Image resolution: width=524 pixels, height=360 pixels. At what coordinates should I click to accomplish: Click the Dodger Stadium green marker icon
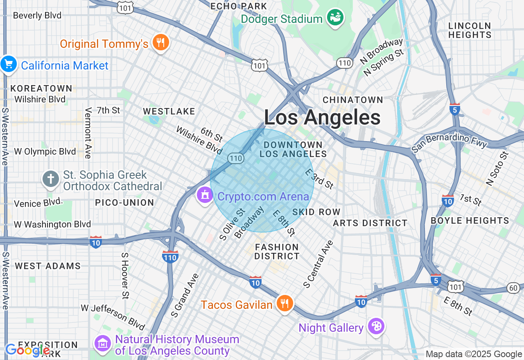pyautogui.click(x=335, y=18)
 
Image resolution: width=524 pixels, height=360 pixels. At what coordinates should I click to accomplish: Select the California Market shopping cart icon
pyautogui.click(x=9, y=65)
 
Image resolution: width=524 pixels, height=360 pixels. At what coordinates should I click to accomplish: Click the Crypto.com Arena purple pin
pyautogui.click(x=205, y=196)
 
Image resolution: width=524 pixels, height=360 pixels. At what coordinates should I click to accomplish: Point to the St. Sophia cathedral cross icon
pyautogui.click(x=51, y=179)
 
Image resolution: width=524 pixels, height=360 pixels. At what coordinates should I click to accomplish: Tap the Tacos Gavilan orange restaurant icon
pyautogui.click(x=284, y=304)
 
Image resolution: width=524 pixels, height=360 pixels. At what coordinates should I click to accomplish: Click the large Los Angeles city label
pyautogui.click(x=322, y=118)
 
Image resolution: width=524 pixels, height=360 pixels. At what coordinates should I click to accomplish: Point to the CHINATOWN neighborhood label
pyautogui.click(x=353, y=100)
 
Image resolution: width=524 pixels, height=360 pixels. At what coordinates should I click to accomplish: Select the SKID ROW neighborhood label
pyautogui.click(x=316, y=212)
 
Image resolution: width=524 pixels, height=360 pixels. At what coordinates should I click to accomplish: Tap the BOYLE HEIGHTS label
pyautogui.click(x=470, y=220)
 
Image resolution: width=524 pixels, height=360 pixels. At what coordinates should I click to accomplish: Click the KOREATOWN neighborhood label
pyautogui.click(x=41, y=88)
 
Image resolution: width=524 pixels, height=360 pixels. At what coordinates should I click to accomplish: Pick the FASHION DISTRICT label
pyautogui.click(x=277, y=252)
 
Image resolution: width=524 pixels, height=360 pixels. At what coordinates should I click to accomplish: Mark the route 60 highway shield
pyautogui.click(x=513, y=288)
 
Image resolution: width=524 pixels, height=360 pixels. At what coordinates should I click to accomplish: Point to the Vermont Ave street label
pyautogui.click(x=88, y=133)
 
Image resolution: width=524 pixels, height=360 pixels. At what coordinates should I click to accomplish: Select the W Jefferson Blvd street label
pyautogui.click(x=113, y=317)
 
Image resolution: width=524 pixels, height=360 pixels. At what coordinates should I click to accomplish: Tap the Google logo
pyautogui.click(x=27, y=350)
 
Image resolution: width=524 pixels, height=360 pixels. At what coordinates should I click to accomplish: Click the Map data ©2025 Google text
pyautogui.click(x=474, y=354)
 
